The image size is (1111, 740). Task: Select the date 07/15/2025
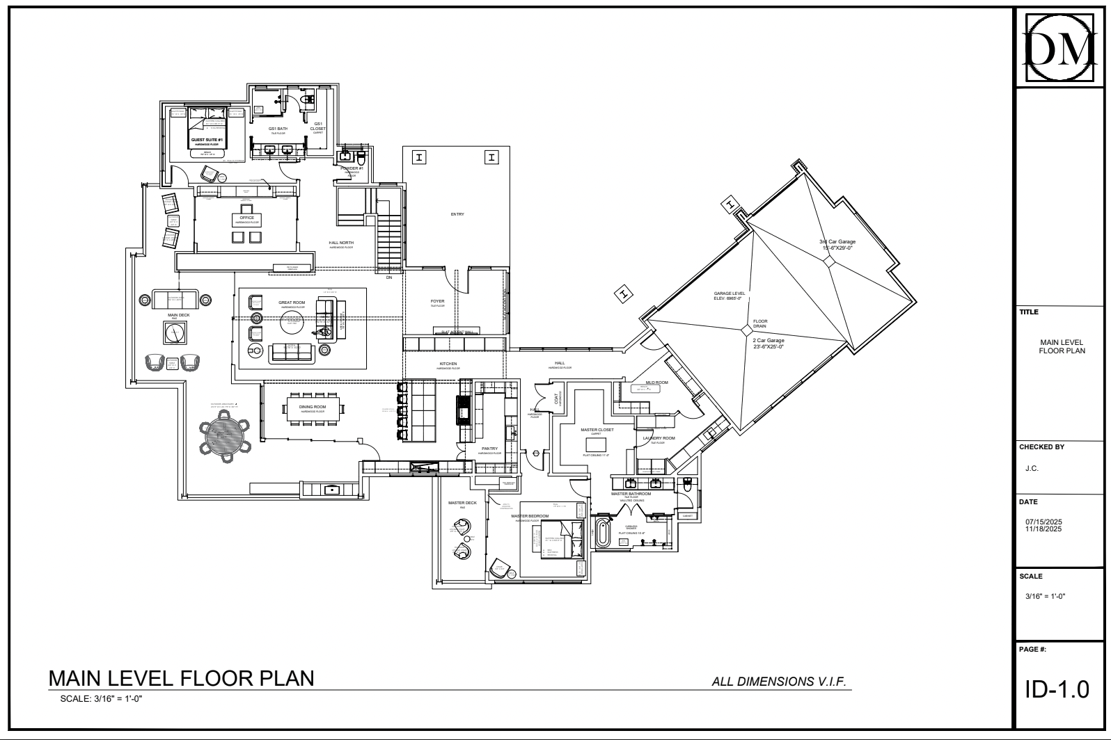1043,522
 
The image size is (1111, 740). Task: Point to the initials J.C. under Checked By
1032,468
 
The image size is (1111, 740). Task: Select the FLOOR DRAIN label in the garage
760,323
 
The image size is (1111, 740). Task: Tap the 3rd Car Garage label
837,241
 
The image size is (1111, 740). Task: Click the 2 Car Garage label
768,340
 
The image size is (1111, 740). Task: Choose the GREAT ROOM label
292,303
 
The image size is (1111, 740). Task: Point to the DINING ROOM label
313,407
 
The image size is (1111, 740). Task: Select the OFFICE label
246,218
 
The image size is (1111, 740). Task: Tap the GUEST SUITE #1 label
207,140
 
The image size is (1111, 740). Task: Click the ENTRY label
457,214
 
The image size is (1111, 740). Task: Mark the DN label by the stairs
389,277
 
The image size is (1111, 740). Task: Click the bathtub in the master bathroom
604,533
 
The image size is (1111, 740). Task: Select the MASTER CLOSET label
597,430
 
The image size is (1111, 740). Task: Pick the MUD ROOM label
656,383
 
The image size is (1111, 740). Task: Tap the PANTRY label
489,449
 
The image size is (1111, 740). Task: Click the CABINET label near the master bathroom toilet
687,516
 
